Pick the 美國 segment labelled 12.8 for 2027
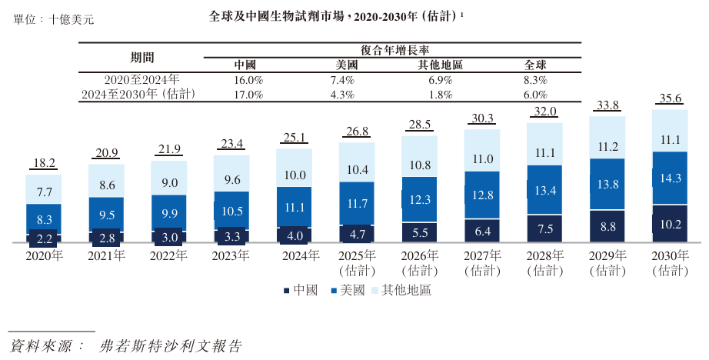click(x=482, y=195)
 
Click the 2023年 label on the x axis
click(x=231, y=255)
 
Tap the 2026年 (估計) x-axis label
click(x=419, y=262)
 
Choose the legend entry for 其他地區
click(x=401, y=290)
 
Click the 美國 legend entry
click(x=348, y=290)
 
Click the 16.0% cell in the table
click(x=248, y=80)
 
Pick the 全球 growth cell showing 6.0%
click(x=534, y=95)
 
